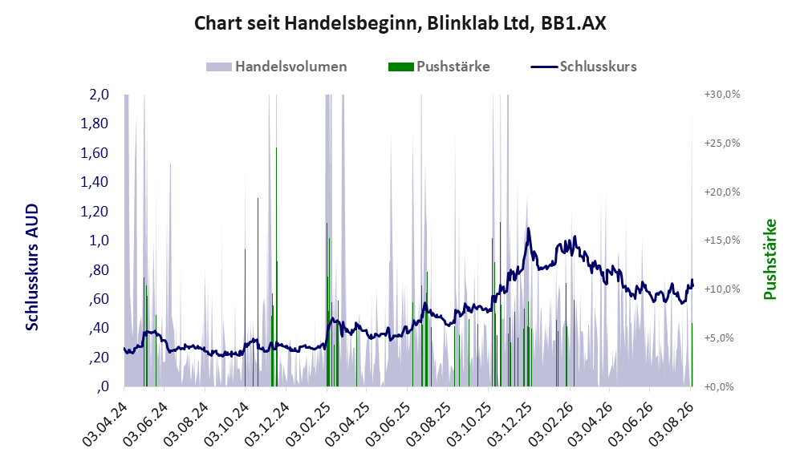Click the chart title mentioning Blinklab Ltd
tap(400, 23)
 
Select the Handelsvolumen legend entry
tap(277, 67)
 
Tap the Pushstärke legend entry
tap(439, 67)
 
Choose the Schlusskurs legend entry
tap(583, 67)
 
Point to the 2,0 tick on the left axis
tap(99, 95)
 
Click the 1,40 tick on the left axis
tap(95, 182)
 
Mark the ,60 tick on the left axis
tap(99, 299)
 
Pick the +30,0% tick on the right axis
tap(722, 95)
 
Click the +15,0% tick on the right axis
tap(722, 240)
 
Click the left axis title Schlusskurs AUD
tap(32, 267)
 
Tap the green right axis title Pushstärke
tap(770, 260)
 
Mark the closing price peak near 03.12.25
tap(528, 228)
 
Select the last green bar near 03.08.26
tap(692, 354)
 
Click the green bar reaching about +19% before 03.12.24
tap(258, 292)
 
